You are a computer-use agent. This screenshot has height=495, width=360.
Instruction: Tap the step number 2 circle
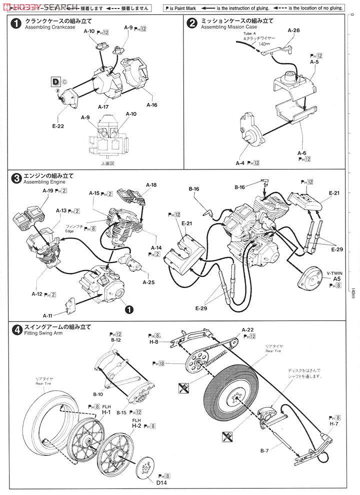click(x=191, y=23)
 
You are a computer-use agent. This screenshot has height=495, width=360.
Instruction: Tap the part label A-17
click(x=103, y=106)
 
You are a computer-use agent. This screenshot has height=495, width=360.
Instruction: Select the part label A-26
click(x=293, y=30)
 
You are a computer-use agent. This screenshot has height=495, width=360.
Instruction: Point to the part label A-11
click(x=48, y=315)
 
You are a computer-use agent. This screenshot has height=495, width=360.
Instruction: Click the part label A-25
click(x=148, y=282)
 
